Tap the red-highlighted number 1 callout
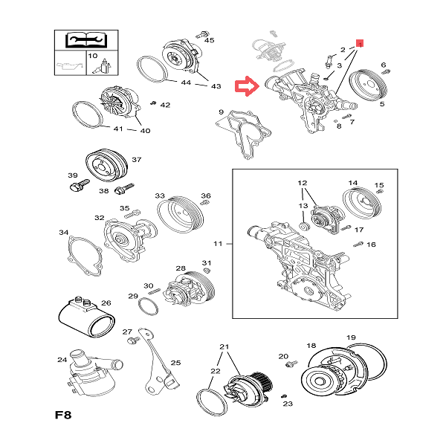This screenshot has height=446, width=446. (360, 44)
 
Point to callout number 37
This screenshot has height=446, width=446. (136, 160)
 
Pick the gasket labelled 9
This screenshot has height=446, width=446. (242, 134)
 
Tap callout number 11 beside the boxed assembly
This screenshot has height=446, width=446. (218, 243)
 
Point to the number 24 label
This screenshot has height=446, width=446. (62, 361)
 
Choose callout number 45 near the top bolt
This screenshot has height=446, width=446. (209, 39)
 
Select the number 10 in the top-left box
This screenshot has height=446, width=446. (93, 56)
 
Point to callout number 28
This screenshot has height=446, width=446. (181, 268)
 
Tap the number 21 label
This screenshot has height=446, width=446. (224, 347)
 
